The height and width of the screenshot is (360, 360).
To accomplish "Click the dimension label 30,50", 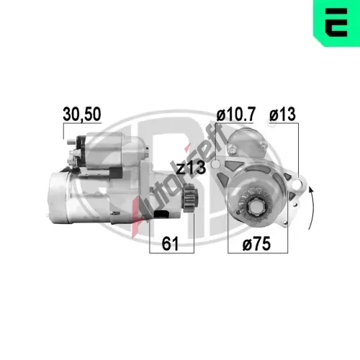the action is coord(82,114).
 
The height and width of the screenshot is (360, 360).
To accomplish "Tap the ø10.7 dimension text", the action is coord(236,114).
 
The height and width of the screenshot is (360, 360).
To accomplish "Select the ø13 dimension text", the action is coord(282,114).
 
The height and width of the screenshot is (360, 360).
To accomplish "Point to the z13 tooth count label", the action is coord(191,168).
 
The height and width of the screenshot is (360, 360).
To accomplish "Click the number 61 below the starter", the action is coord(170,243).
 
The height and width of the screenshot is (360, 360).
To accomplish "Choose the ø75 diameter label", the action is coord(256,243).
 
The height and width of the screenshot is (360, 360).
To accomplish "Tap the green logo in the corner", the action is coord(336,22).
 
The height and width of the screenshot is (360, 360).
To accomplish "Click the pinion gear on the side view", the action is coord(190,197).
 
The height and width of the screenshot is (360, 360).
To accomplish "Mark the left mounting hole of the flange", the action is coord(215,164).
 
